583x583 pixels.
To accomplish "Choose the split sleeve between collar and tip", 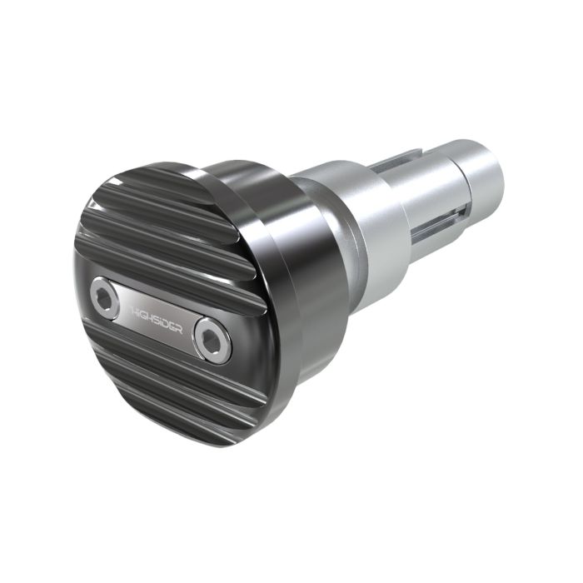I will pyautogui.click(x=425, y=208).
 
